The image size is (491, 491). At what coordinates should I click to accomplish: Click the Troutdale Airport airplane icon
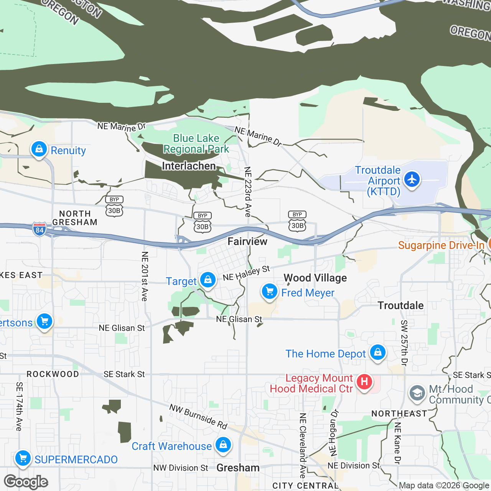pyautogui.click(x=412, y=179)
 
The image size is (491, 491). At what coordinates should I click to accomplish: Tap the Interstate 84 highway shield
pyautogui.click(x=40, y=229)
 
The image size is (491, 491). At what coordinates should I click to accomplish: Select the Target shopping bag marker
pyautogui.click(x=208, y=280)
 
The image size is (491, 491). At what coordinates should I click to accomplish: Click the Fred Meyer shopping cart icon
pyautogui.click(x=270, y=292)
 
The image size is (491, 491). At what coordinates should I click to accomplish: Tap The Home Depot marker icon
pyautogui.click(x=377, y=352)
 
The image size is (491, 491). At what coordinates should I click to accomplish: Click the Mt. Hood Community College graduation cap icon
pyautogui.click(x=417, y=393)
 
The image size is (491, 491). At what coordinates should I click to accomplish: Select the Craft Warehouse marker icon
pyautogui.click(x=223, y=445)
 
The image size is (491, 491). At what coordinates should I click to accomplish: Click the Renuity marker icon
pyautogui.click(x=39, y=149)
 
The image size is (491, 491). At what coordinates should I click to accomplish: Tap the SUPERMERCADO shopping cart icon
pyautogui.click(x=23, y=458)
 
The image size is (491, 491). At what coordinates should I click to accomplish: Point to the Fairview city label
pyautogui.click(x=247, y=241)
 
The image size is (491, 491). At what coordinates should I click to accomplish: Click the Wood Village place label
pyautogui.click(x=315, y=278)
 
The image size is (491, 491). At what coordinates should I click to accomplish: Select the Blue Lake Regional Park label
pyautogui.click(x=196, y=143)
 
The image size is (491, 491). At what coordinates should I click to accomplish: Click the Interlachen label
pyautogui.click(x=189, y=166)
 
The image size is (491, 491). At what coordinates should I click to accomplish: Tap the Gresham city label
pyautogui.click(x=238, y=468)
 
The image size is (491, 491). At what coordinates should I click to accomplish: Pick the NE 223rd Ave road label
pyautogui.click(x=248, y=192)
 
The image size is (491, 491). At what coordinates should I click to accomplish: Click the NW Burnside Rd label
pyautogui.click(x=198, y=417)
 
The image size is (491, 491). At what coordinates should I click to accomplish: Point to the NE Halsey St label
pyautogui.click(x=246, y=274)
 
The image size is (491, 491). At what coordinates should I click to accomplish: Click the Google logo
pyautogui.click(x=26, y=482)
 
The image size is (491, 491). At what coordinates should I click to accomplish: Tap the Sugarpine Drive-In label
pyautogui.click(x=441, y=245)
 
